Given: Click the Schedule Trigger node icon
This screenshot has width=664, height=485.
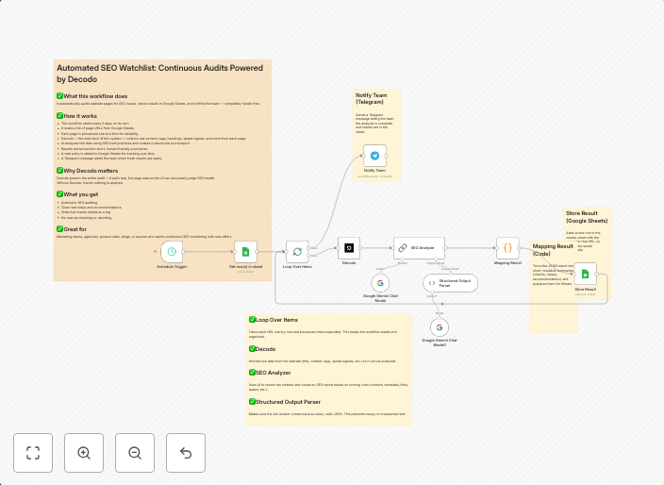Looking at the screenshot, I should [x=172, y=252].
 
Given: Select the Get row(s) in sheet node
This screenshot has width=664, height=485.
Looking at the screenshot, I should [x=245, y=252].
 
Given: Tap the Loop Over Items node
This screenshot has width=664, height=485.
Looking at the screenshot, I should [x=297, y=252].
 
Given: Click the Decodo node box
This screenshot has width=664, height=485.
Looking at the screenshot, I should [x=349, y=248].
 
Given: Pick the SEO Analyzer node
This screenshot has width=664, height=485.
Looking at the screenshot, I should [x=419, y=248].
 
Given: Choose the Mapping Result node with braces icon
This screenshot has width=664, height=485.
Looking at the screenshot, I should [x=507, y=248].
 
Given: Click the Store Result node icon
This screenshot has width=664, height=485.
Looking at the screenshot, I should [x=585, y=275].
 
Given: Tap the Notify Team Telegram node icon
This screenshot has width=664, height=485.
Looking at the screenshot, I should [x=375, y=157].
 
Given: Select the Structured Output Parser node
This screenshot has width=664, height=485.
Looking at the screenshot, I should [x=450, y=282].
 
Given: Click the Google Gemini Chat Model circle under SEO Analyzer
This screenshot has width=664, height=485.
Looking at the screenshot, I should [x=380, y=282].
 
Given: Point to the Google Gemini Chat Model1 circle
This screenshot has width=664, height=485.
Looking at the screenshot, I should [x=440, y=326].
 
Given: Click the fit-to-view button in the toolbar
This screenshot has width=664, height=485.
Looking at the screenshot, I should [x=33, y=453].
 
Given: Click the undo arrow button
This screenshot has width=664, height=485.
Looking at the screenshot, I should [x=186, y=453].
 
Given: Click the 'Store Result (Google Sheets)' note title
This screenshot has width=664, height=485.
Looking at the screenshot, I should [x=587, y=218].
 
